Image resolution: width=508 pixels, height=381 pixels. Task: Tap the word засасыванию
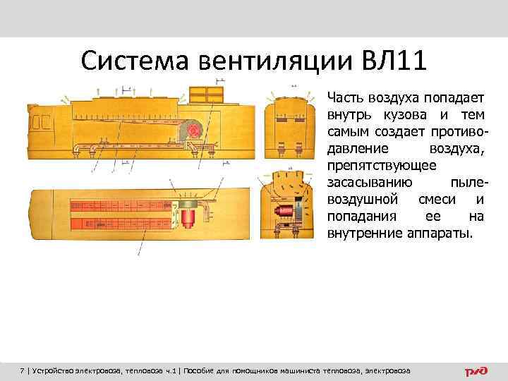click(x=364, y=183)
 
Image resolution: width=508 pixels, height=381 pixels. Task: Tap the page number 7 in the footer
click(x=23, y=370)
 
